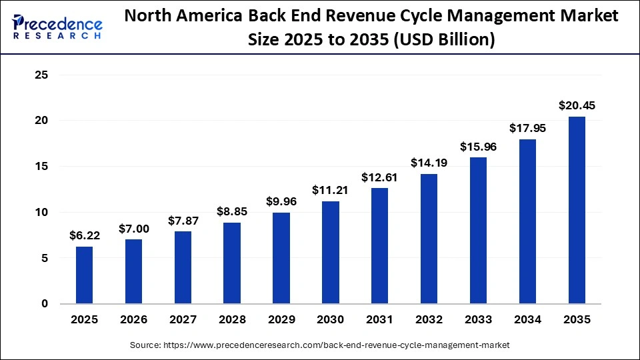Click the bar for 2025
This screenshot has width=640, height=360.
point(84,275)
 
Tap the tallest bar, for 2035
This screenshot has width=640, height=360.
point(577,210)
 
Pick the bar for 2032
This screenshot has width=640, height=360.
point(429,239)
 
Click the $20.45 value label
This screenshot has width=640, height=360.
point(577,105)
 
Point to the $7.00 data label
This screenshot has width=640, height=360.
point(133,229)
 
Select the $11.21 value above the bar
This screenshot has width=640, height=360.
point(331,190)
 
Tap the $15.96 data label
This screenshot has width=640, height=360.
point(478,147)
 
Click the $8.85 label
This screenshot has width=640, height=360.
point(232,211)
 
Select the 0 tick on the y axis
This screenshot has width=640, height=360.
point(45,304)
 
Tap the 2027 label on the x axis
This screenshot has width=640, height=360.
point(183,320)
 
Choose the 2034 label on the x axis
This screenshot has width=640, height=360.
point(527,320)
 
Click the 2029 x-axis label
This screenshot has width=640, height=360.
point(281,320)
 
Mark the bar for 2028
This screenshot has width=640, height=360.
point(232,263)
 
